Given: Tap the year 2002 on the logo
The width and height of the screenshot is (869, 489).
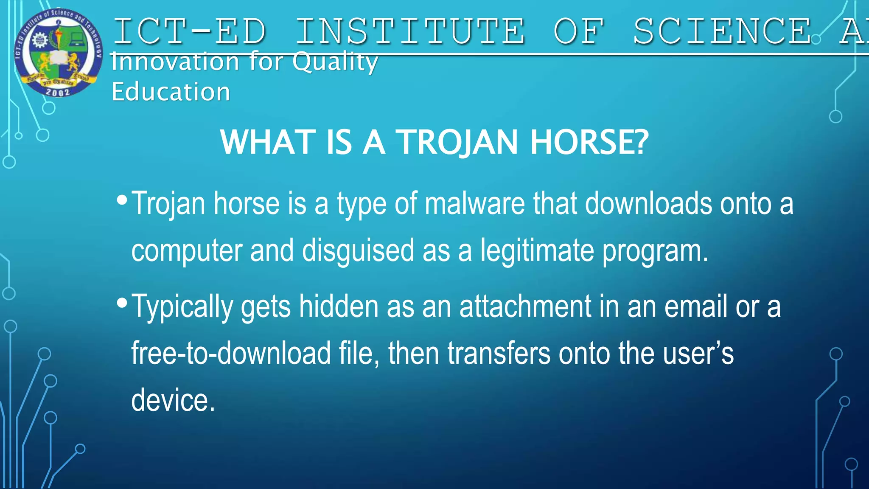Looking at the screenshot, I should (58, 92).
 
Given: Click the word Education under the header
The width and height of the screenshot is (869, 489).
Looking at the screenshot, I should (171, 92).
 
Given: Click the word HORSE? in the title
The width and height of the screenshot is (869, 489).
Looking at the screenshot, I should (589, 142).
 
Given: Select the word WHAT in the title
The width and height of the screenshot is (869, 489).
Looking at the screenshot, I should (268, 142).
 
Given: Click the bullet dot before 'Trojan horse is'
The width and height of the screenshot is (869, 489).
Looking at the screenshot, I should (122, 200).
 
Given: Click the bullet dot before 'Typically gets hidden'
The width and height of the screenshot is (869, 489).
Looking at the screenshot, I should (122, 303).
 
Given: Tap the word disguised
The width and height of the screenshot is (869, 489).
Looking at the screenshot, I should (358, 250).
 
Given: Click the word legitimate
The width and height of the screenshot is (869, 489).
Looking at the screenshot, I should (537, 250).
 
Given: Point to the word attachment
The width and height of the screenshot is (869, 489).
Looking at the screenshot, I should (525, 306).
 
